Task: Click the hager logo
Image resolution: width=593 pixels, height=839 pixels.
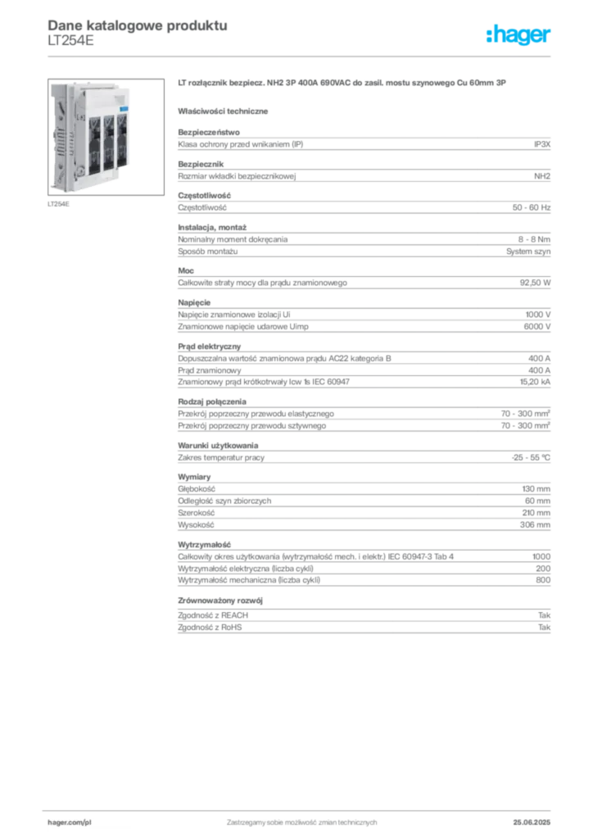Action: point(518,34)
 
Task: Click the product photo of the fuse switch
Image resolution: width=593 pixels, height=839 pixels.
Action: point(106,137)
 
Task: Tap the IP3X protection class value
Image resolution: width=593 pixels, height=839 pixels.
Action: point(541,144)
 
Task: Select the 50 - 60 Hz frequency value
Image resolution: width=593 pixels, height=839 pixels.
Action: point(531,207)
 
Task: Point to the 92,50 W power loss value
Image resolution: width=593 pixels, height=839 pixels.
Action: point(535,283)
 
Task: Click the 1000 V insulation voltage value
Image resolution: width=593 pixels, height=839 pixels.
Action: point(538,315)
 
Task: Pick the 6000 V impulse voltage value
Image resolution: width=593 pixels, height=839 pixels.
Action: point(536,326)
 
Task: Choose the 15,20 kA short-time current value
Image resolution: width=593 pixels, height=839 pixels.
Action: point(535,382)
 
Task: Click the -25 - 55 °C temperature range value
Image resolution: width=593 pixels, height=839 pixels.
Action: point(531,457)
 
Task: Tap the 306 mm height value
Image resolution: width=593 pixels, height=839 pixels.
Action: point(535,525)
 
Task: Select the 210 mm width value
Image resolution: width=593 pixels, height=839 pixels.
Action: point(536,513)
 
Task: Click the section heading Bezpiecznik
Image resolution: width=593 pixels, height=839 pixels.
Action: point(201,164)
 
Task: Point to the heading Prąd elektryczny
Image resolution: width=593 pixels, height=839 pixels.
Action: point(209,347)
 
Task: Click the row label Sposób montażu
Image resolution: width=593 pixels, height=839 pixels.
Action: point(207,252)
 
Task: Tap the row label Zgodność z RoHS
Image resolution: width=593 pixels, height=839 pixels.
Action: point(210,627)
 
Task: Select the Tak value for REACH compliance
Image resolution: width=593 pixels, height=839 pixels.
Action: point(545,615)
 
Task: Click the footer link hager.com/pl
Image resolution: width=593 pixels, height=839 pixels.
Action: point(70,823)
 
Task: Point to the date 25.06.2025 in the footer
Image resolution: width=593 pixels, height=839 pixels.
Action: point(532,823)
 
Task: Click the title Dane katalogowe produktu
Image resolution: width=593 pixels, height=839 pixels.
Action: point(138,25)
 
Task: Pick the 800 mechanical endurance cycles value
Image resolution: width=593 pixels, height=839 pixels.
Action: point(543,580)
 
